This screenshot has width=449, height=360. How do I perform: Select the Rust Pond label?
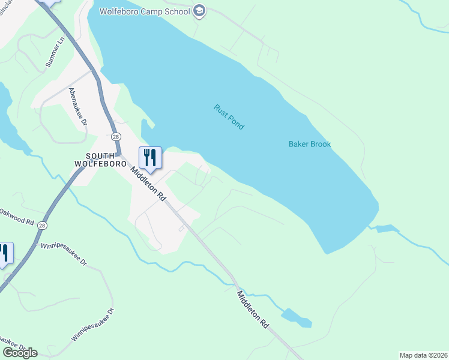229,117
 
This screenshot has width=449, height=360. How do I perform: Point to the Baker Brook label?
310,144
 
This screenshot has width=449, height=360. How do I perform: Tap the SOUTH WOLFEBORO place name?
100,158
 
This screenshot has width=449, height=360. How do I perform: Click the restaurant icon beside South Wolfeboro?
150,158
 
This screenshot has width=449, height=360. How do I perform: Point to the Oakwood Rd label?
16,217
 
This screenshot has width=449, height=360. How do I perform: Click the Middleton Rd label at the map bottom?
253,309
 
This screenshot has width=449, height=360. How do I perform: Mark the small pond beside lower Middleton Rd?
297,317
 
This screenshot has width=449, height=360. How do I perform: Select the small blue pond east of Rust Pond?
386,229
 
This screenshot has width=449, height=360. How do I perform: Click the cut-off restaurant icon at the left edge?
5,253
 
